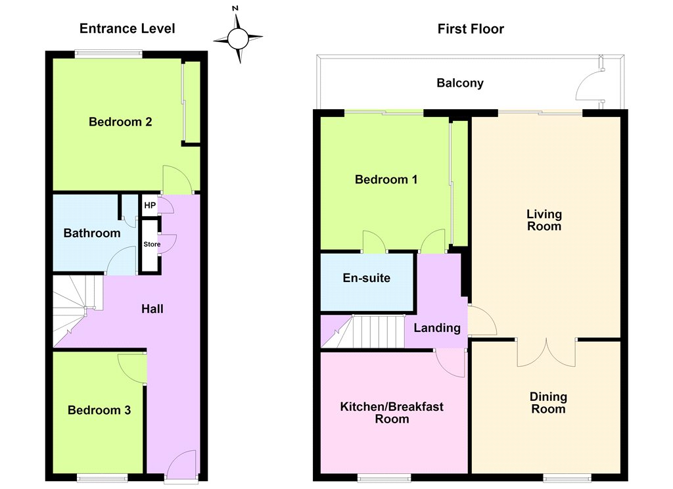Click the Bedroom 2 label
coord(120,122)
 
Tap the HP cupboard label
coord(150,205)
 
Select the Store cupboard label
coord(152,244)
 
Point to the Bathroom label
coord(92,233)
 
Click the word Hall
coord(152,309)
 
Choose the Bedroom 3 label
coord(99,410)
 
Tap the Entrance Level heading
coord(127,29)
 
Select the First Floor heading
coord(471,29)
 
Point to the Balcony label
coord(460,83)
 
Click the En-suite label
coord(367,278)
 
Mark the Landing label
coord(437,329)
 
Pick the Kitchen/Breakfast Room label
coord(392,413)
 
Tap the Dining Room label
coord(548,403)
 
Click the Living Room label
coord(544,220)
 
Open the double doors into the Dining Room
coord(546,353)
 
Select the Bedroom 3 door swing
coord(131,367)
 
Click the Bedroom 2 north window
coord(108,54)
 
